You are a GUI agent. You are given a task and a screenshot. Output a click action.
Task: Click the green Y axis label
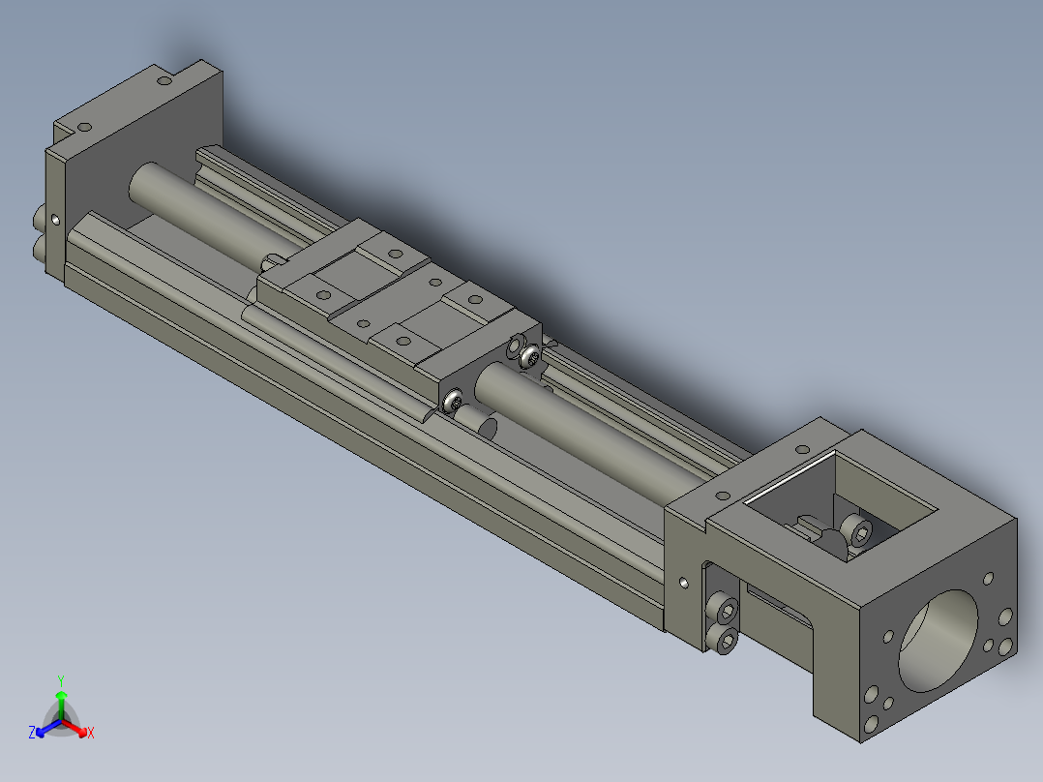[60, 679]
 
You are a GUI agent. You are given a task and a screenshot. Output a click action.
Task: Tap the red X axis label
[91, 734]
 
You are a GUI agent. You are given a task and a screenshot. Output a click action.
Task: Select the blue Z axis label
[32, 733]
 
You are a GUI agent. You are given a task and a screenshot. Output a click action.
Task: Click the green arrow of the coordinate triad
[61, 699]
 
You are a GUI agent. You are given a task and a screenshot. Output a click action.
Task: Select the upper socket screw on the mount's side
[724, 609]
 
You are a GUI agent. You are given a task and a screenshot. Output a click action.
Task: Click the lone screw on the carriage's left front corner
[452, 399]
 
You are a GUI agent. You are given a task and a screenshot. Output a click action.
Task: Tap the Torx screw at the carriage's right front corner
[530, 359]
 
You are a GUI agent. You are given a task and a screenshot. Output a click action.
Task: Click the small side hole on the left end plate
[54, 220]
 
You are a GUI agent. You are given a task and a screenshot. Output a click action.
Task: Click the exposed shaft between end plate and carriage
[194, 206]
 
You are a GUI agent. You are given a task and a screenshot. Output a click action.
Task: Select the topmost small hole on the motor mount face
[987, 579]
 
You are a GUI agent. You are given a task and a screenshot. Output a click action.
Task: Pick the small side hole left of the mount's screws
[685, 584]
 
